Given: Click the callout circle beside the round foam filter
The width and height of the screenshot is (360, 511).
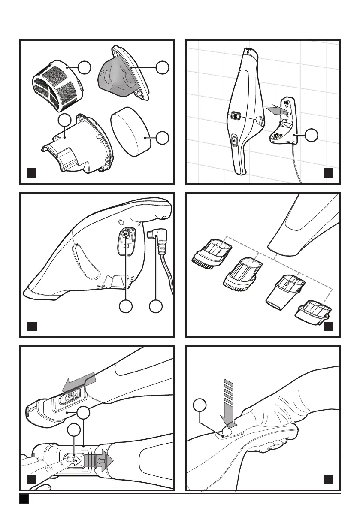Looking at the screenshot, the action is point(163,138).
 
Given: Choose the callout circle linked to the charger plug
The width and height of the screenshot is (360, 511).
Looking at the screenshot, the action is point(155,306).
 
